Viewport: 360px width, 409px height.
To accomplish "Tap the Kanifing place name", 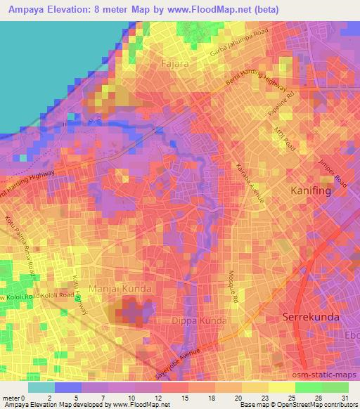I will point(316,190).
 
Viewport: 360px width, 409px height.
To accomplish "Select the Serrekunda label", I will point(311,317).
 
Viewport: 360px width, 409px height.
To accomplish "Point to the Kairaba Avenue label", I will point(250,183).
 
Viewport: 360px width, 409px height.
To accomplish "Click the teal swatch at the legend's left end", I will point(41,387).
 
